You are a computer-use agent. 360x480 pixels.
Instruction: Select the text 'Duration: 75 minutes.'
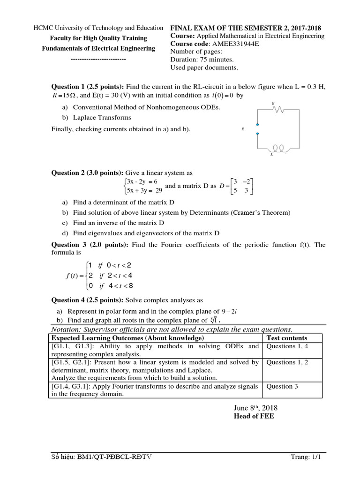click(x=202, y=60)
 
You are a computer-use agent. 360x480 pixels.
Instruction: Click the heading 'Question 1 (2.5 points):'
click(x=88, y=87)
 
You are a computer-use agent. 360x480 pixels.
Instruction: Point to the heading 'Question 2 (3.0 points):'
click(x=88, y=173)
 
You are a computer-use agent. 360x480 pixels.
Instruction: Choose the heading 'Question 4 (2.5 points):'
click(x=88, y=300)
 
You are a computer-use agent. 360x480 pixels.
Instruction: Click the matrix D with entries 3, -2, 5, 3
click(x=243, y=186)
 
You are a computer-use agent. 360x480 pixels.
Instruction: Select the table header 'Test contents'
click(x=287, y=338)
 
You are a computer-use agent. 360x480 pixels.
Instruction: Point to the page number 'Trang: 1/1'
click(x=310, y=457)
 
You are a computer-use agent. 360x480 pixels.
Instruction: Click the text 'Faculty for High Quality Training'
click(x=98, y=38)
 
